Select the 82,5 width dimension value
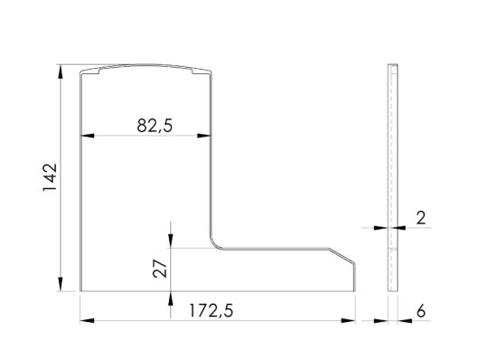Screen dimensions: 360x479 coord(155,126)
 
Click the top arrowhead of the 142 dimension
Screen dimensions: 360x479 coord(61,70)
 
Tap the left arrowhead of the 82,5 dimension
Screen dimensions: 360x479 coord(86,137)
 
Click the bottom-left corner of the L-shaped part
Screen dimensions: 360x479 coord(81,291)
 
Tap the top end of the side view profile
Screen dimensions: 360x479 coord(391,67)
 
